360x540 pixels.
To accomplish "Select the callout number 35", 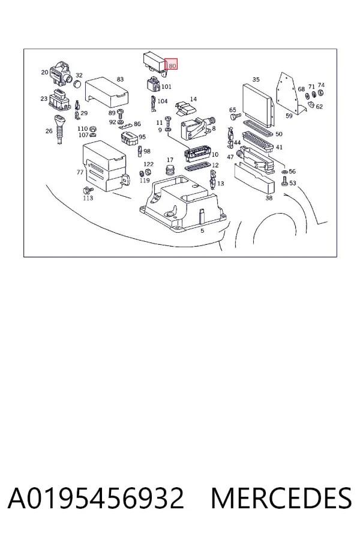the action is (x=256, y=80).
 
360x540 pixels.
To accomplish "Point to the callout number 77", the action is (x=80, y=172).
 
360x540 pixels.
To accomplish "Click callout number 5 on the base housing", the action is (x=202, y=230).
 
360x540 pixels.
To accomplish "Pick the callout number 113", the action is (x=88, y=198).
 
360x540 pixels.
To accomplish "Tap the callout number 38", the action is (x=269, y=198).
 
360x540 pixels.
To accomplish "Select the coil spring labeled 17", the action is (x=170, y=170).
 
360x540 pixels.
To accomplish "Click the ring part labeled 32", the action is (x=78, y=83).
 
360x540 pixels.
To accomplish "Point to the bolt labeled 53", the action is (x=285, y=181).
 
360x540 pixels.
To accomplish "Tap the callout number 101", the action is (x=166, y=87).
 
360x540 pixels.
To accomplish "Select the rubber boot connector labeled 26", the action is (x=59, y=130).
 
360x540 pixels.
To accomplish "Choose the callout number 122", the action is (x=148, y=164).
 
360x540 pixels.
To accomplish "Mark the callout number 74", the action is (x=321, y=85).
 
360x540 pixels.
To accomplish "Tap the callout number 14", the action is (x=193, y=99).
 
